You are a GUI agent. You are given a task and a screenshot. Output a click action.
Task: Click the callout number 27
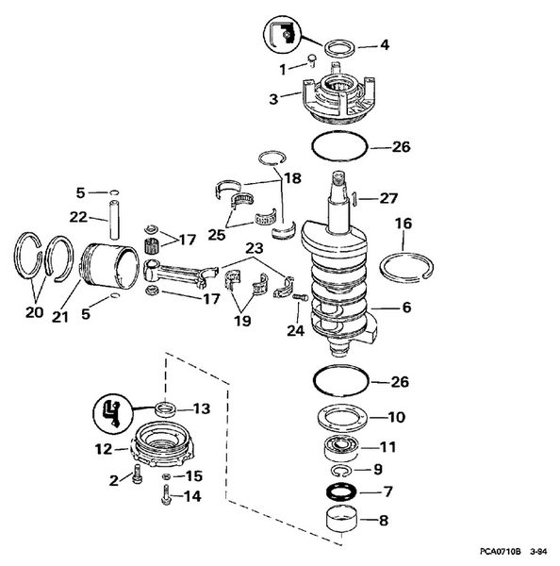pos(388,198)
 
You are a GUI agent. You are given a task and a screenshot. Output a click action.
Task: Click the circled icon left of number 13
pos(111,411)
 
